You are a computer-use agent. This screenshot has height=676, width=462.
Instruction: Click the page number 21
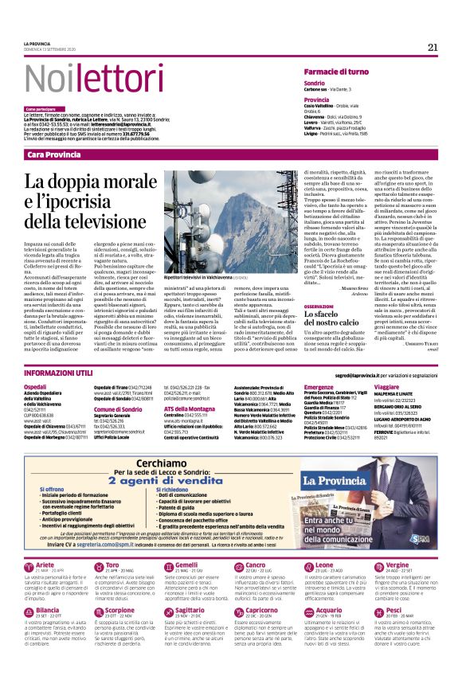(433, 47)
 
